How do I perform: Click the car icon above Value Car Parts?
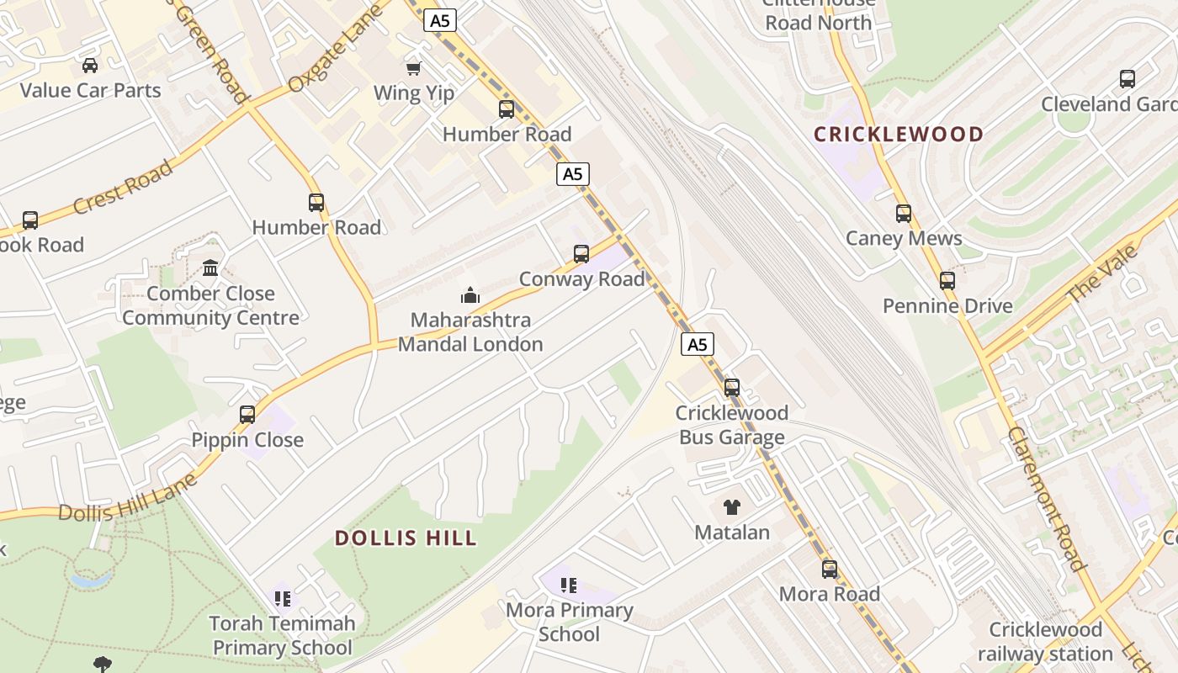click(x=90, y=65)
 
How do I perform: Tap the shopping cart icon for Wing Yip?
click(x=413, y=68)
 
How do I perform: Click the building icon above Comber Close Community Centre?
click(x=210, y=268)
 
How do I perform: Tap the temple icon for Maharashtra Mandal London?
click(x=470, y=295)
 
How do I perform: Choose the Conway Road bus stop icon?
click(x=581, y=253)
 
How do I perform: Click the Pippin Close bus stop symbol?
click(x=247, y=414)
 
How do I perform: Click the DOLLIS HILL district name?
click(x=406, y=538)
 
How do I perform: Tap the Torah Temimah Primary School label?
click(x=282, y=635)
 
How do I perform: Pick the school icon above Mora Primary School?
click(x=569, y=585)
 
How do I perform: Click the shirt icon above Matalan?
click(x=731, y=507)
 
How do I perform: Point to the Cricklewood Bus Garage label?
click(x=731, y=425)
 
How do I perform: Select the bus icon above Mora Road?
click(x=830, y=570)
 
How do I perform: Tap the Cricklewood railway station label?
click(x=1046, y=641)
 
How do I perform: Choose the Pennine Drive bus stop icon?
click(x=947, y=281)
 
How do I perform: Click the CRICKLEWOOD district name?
click(x=899, y=134)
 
